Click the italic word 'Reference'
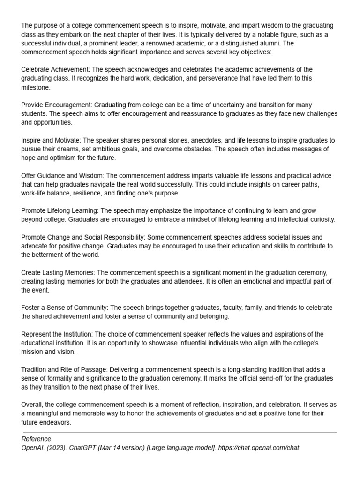point(36,439)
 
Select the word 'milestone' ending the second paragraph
point(36,87)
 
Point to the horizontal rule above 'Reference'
point(179,432)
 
